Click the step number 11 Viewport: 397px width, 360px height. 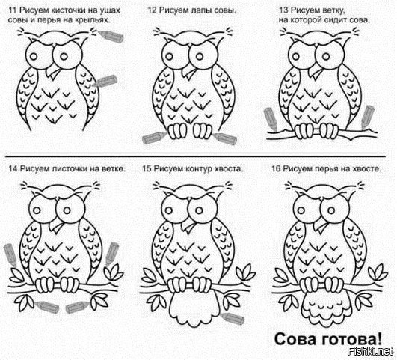click(13, 10)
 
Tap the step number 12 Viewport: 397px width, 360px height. click(153, 10)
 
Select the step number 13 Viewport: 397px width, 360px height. click(283, 10)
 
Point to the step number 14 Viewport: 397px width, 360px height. click(13, 168)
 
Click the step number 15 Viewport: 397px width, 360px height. click(147, 168)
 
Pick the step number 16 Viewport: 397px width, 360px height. click(276, 168)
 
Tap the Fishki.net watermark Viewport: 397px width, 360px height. click(370, 351)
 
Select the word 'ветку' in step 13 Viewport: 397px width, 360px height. click(334, 11)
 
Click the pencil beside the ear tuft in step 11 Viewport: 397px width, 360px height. click(111, 37)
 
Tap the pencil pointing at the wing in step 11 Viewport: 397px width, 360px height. click(105, 81)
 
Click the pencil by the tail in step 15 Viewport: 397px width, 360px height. click(233, 318)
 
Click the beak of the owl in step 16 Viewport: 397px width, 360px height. click(321, 225)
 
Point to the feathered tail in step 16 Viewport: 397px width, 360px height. click(327, 307)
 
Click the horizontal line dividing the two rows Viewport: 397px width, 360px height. click(195, 156)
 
